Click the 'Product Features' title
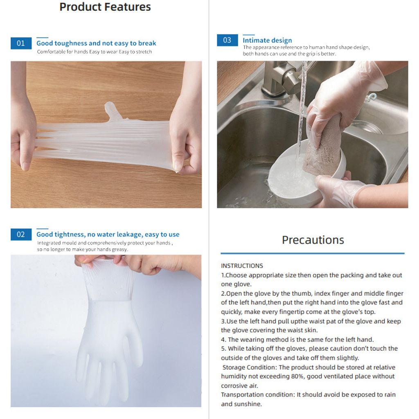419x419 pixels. point(105,7)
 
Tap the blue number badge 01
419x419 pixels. point(21,43)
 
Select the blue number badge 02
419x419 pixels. point(21,234)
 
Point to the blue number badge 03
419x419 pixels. point(227,40)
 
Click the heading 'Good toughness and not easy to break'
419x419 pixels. point(96,43)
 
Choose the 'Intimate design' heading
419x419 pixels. point(267,40)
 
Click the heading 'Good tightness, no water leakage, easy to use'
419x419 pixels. point(108,234)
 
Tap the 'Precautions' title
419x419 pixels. point(313,240)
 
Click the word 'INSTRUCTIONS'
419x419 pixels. point(242,266)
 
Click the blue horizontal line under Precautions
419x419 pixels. point(313,253)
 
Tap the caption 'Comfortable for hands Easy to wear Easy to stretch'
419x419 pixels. point(94,52)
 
